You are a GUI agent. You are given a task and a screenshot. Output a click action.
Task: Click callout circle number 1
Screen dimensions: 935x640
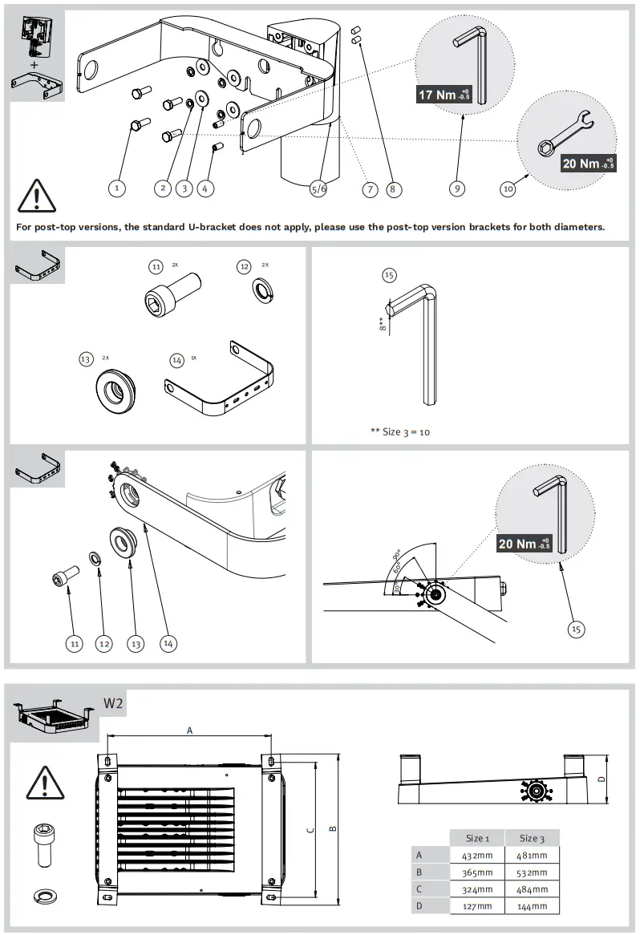(117, 188)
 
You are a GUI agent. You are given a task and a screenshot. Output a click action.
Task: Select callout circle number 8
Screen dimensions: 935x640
(392, 189)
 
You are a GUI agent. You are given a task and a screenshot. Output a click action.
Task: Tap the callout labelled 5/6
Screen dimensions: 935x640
(318, 189)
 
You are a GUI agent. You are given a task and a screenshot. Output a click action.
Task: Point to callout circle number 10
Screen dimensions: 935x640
(508, 189)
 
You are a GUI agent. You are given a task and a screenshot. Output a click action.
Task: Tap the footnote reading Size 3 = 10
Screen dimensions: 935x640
(400, 431)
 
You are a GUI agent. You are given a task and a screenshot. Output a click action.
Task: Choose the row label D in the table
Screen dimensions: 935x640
(419, 905)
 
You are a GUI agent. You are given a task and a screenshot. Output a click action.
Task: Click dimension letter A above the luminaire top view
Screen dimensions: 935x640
(189, 730)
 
